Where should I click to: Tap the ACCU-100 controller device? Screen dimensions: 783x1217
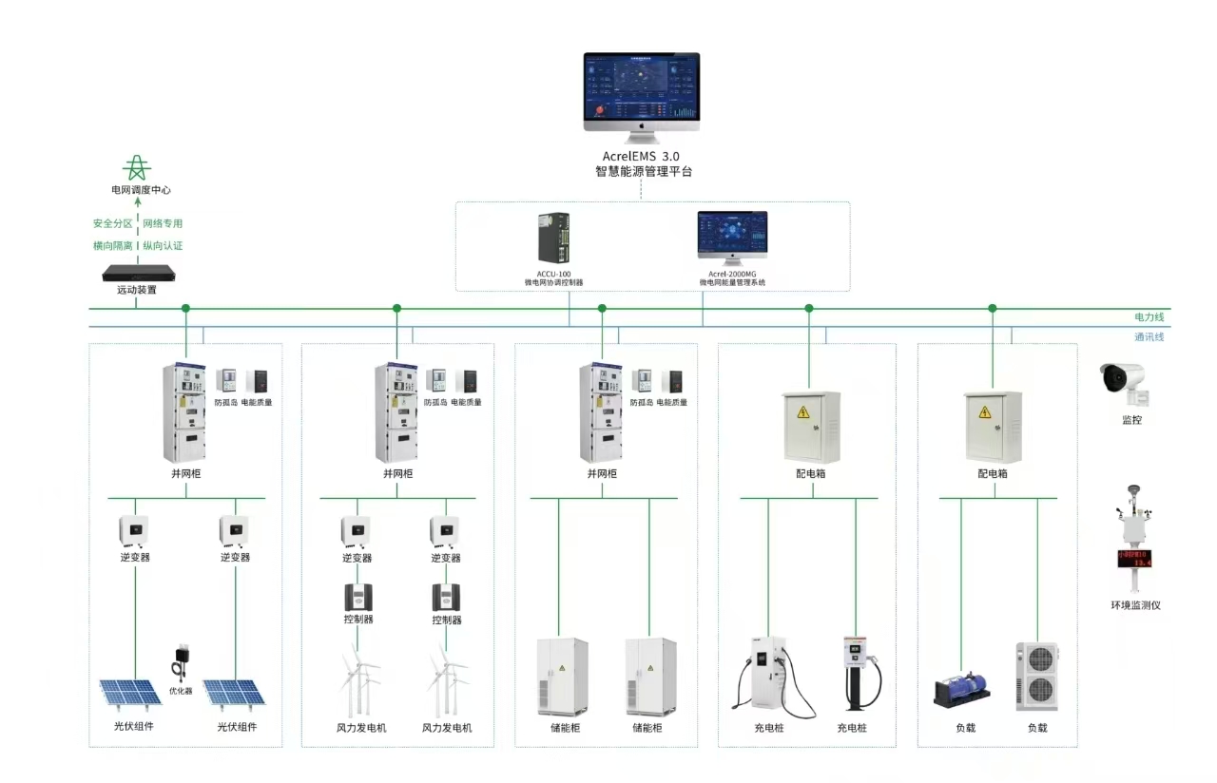pyautogui.click(x=553, y=238)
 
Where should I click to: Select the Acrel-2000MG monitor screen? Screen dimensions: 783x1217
pyautogui.click(x=732, y=233)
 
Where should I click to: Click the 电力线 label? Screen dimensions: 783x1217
pyautogui.click(x=1149, y=316)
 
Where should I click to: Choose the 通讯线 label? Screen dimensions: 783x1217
pyautogui.click(x=1149, y=336)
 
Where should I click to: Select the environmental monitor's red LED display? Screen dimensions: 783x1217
pyautogui.click(x=1133, y=559)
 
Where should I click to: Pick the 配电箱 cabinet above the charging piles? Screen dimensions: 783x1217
pyautogui.click(x=811, y=427)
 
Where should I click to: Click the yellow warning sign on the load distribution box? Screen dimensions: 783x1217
pyautogui.click(x=985, y=411)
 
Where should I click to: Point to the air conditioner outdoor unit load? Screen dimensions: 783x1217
pyautogui.click(x=1036, y=677)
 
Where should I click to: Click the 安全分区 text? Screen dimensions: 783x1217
pyautogui.click(x=112, y=223)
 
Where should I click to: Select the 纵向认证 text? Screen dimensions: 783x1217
pyautogui.click(x=163, y=246)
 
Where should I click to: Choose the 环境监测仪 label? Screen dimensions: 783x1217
pyautogui.click(x=1135, y=605)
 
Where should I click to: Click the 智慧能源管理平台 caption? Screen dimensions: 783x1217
pyautogui.click(x=644, y=172)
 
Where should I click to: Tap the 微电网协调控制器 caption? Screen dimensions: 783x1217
pyautogui.click(x=553, y=282)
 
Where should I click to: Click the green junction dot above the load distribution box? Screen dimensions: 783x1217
pyautogui.click(x=993, y=308)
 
